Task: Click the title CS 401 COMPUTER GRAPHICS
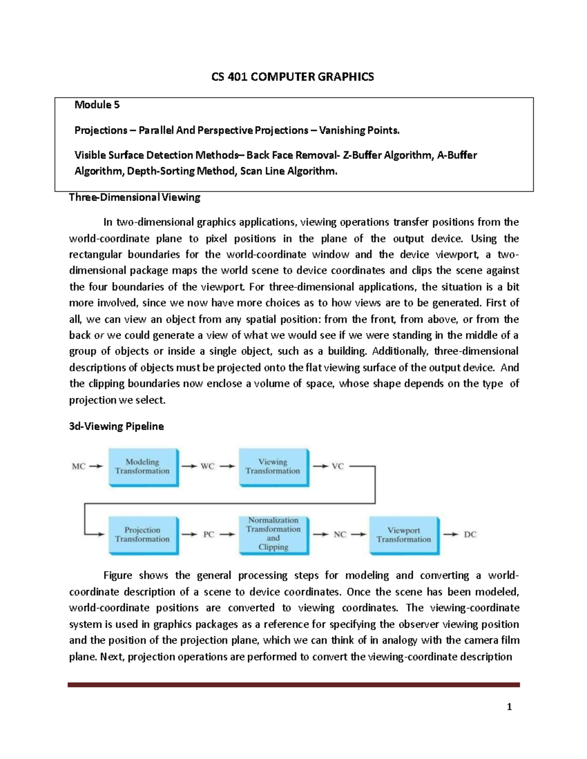point(293,77)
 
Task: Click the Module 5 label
point(97,105)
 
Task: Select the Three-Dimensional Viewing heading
point(135,197)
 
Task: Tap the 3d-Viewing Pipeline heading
point(116,426)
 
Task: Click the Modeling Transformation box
point(142,467)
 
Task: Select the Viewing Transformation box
point(273,467)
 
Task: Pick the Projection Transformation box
point(142,535)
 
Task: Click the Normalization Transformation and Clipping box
point(273,534)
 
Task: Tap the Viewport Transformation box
point(404,535)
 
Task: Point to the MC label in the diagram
point(79,466)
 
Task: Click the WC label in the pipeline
point(207,466)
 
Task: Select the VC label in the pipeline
point(338,466)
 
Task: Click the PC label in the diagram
point(208,535)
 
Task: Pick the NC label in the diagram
point(339,535)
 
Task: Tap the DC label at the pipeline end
point(470,535)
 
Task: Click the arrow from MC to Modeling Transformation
point(96,466)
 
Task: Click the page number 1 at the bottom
point(509,707)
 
